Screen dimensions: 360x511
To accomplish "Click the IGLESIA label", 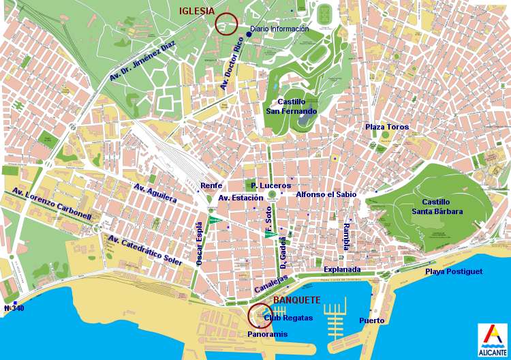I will [x=197, y=11].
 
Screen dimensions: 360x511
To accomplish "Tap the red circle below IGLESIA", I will [x=226, y=24].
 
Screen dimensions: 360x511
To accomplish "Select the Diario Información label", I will [x=279, y=29].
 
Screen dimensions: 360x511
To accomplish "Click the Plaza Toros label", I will [x=387, y=127].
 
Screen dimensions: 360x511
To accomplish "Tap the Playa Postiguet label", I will [x=454, y=271].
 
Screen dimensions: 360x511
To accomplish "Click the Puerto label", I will [x=371, y=320].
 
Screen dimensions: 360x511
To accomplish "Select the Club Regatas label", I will [x=288, y=318].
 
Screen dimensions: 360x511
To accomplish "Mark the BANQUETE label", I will [x=296, y=300].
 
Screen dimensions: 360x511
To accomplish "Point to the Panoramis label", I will [x=267, y=335].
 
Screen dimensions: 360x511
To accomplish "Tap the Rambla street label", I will [x=347, y=236].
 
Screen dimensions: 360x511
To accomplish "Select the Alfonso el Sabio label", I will [x=326, y=194].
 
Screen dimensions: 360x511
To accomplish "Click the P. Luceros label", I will [x=270, y=185].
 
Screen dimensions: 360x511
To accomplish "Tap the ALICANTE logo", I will [x=491, y=340].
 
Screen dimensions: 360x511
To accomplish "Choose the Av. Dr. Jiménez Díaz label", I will [x=142, y=61].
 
